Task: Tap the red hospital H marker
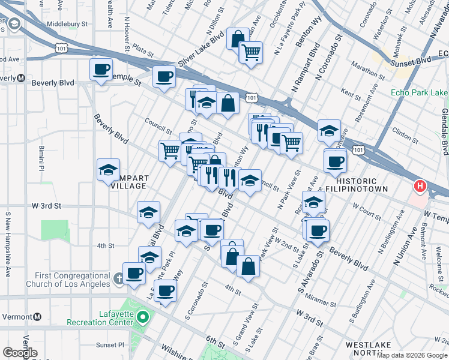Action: tap(420, 187)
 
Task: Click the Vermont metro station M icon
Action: tap(37, 316)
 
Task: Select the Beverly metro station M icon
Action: tap(20, 78)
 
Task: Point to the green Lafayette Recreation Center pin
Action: tap(143, 317)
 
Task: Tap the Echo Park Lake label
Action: tap(419, 92)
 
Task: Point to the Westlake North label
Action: tap(369, 349)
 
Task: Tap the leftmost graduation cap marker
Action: tap(108, 169)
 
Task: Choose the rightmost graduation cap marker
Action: tap(329, 130)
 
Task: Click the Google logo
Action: tap(20, 353)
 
